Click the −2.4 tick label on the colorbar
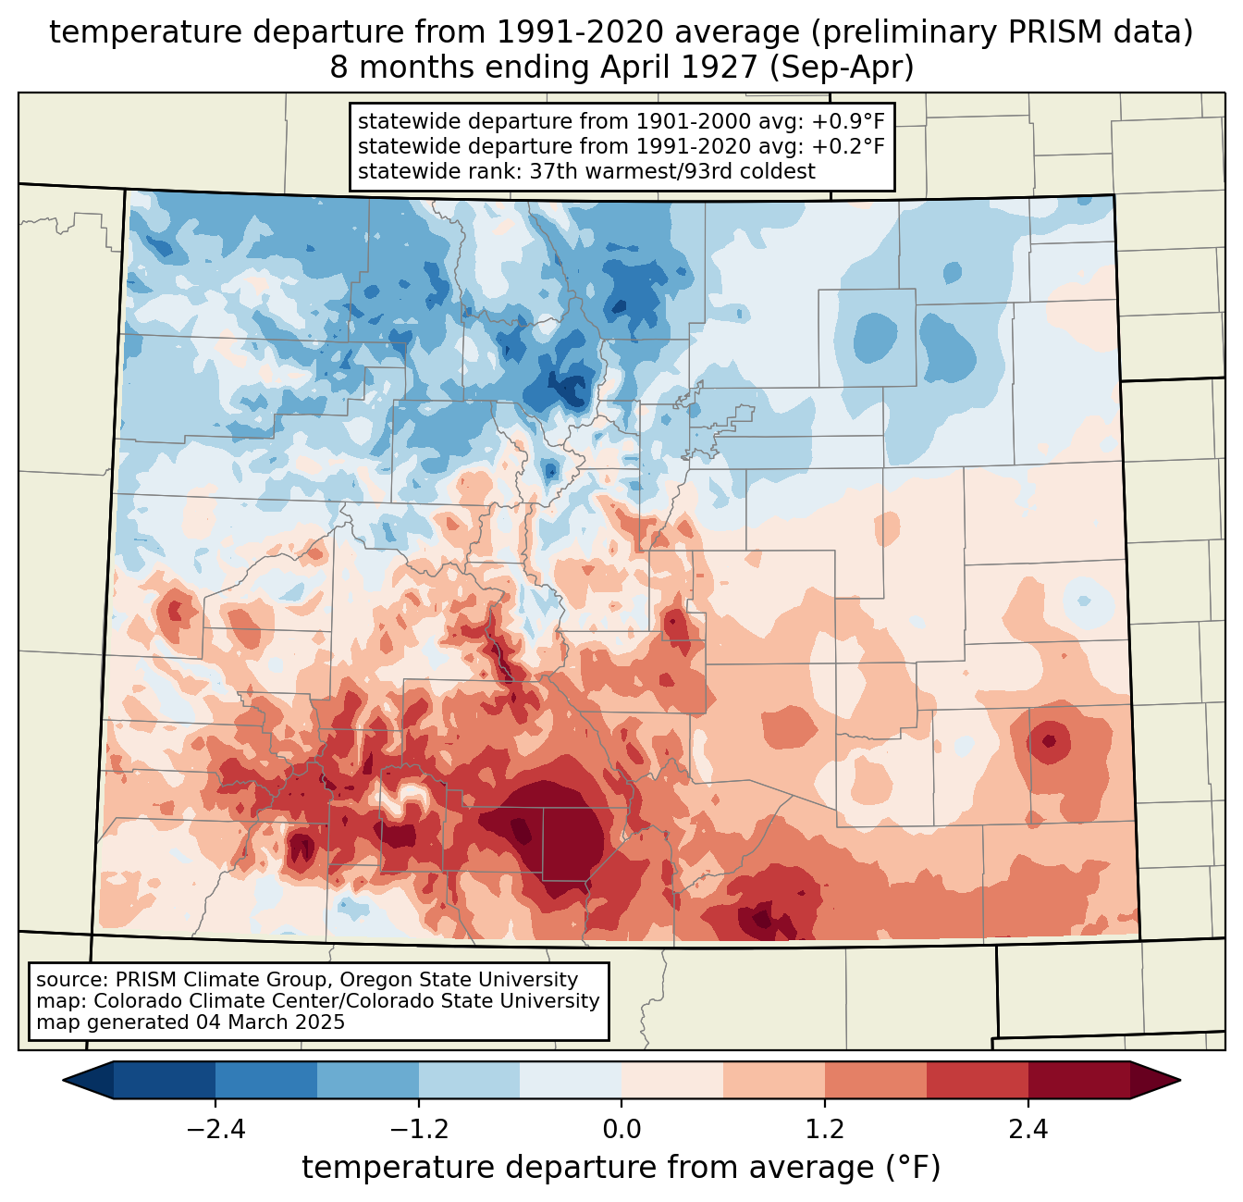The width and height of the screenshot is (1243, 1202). pyautogui.click(x=215, y=1129)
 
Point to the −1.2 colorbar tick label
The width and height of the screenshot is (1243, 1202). pyautogui.click(x=419, y=1129)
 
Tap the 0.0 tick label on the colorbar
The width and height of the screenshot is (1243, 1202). pyautogui.click(x=621, y=1129)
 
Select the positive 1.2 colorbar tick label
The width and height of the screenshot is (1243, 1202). pyautogui.click(x=825, y=1129)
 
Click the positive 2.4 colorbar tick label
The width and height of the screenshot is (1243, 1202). pyautogui.click(x=1028, y=1129)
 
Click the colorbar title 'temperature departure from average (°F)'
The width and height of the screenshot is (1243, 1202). pyautogui.click(x=621, y=1167)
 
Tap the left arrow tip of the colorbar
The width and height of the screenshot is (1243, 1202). pyautogui.click(x=64, y=1081)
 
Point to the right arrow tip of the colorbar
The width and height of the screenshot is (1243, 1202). pyautogui.click(x=1180, y=1081)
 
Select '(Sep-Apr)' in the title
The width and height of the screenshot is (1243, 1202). pyautogui.click(x=842, y=68)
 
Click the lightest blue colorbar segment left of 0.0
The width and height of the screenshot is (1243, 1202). pyautogui.click(x=571, y=1081)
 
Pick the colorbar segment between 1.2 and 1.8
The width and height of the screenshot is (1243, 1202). pyautogui.click(x=875, y=1081)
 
